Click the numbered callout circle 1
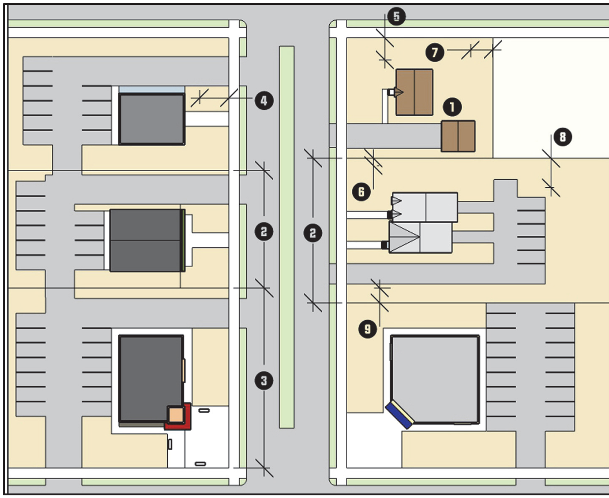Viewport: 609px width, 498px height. (x=452, y=107)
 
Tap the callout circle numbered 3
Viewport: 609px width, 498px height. (x=264, y=381)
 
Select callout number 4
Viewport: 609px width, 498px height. (x=264, y=101)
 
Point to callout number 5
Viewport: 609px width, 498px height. (x=396, y=16)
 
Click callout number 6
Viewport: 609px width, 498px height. (x=361, y=192)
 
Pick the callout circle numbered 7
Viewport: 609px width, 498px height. (x=435, y=52)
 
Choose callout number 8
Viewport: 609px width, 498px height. (x=563, y=137)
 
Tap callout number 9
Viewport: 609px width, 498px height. (x=368, y=329)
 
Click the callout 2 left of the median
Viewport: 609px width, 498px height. (x=264, y=232)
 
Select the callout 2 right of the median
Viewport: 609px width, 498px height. (x=313, y=233)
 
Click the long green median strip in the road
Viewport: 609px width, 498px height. (x=287, y=237)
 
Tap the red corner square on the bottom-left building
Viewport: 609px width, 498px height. (x=178, y=417)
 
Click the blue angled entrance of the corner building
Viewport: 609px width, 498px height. (x=400, y=415)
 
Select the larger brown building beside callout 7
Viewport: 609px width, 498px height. (x=414, y=92)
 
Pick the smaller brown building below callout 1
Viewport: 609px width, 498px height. (x=458, y=136)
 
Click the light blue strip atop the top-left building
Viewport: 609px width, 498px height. (x=152, y=90)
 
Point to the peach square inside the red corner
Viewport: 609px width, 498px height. (x=176, y=415)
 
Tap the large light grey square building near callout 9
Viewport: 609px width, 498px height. (x=435, y=379)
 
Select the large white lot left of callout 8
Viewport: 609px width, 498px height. (x=551, y=98)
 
